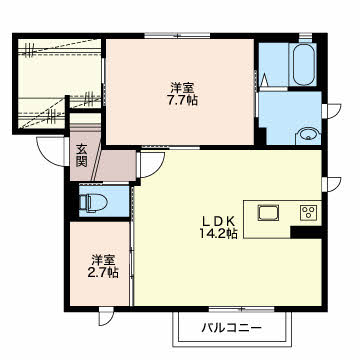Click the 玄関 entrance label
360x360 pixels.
click(82, 157)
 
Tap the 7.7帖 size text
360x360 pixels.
click(181, 101)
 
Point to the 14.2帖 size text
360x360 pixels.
click(218, 234)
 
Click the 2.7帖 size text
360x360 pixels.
click(101, 272)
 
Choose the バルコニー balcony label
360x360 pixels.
click(230, 328)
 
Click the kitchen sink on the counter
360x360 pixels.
click(269, 212)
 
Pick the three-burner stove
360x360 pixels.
click(308, 212)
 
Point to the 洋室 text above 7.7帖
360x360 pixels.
click(181, 86)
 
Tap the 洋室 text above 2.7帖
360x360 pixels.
click(101, 257)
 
